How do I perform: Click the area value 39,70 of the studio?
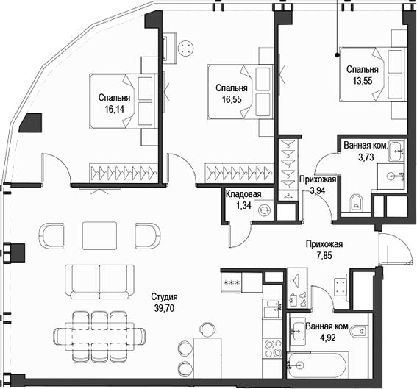click(x=164, y=308)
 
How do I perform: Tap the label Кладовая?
click(x=243, y=194)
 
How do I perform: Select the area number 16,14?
click(x=114, y=109)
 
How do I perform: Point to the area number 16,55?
click(x=232, y=99)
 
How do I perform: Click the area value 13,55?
click(x=363, y=81)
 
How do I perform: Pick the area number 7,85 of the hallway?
click(x=324, y=256)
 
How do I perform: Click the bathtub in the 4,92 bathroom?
click(x=316, y=365)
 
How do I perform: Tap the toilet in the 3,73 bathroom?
click(x=356, y=203)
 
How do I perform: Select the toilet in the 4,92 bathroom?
click(x=359, y=332)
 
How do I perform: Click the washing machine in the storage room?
click(x=264, y=210)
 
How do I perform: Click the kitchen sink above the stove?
click(x=272, y=308)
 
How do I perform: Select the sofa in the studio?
click(x=100, y=282)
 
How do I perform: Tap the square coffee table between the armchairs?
click(x=99, y=235)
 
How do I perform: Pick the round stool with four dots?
click(x=185, y=48)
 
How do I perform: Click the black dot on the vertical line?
click(x=337, y=55)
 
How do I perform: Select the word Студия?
click(x=164, y=296)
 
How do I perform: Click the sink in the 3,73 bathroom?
click(x=396, y=151)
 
